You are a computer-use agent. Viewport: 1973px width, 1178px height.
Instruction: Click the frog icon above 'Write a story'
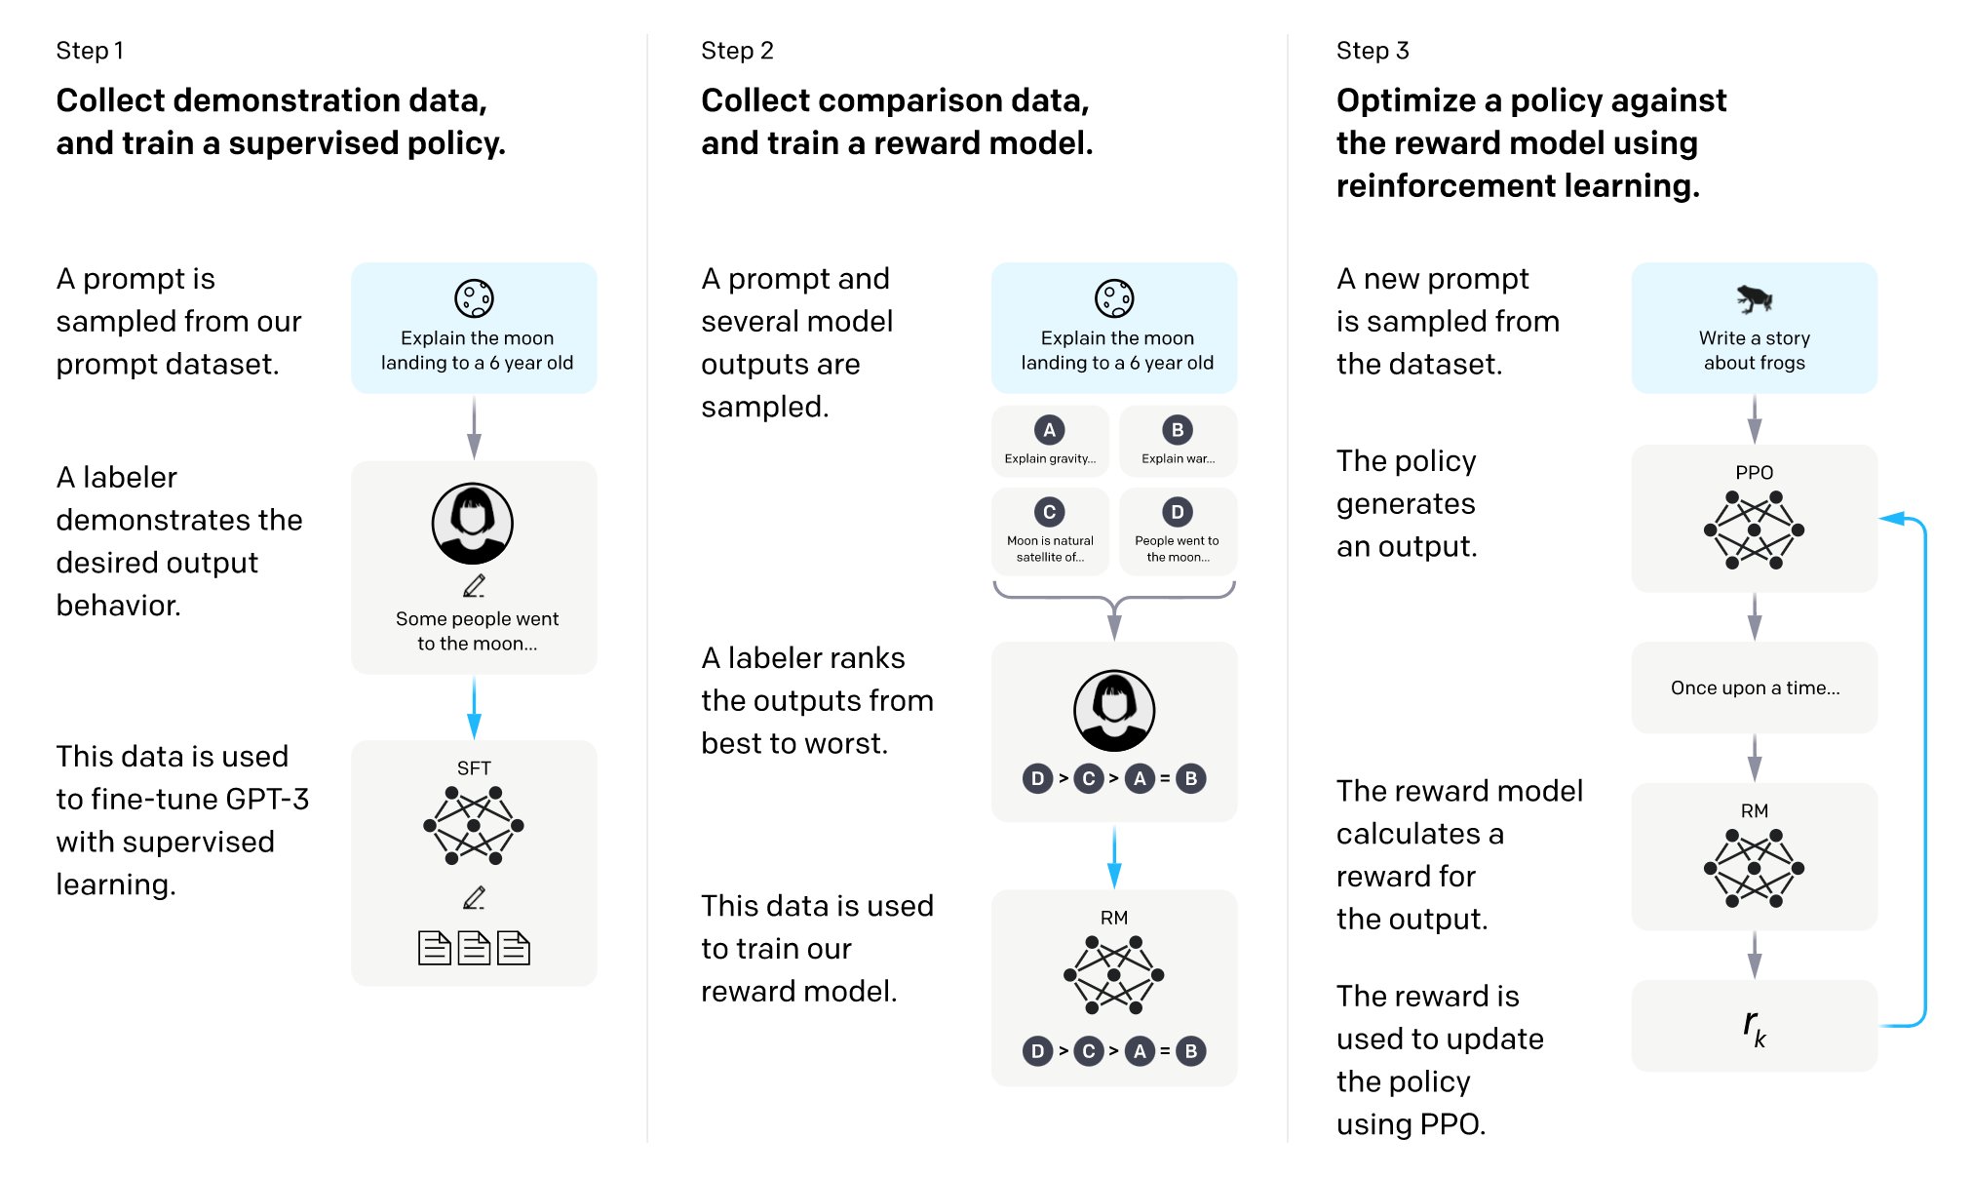coord(1754,298)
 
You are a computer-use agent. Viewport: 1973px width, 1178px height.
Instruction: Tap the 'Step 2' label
coord(737,51)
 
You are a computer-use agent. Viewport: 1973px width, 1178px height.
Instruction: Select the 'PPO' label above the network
coord(1754,472)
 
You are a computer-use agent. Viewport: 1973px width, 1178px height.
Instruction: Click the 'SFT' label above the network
coord(474,768)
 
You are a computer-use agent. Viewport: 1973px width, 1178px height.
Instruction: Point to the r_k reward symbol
coord(1755,1028)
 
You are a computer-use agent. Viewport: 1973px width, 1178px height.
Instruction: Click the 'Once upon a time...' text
coord(1755,687)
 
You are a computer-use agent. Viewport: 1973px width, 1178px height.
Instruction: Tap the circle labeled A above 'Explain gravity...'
coord(1049,429)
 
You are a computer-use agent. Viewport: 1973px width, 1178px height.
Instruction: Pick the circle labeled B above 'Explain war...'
coord(1178,429)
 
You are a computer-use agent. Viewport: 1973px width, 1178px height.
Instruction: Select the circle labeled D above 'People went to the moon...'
coord(1178,511)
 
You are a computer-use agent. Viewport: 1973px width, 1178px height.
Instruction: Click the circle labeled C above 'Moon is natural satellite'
coord(1049,511)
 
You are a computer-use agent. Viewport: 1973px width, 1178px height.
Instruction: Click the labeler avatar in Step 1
coord(473,524)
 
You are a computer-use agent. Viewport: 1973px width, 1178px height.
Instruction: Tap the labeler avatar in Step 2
coord(1114,711)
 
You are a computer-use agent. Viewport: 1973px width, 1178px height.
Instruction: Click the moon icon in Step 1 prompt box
coord(474,298)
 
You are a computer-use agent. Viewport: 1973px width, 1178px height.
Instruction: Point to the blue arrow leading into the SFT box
coord(474,708)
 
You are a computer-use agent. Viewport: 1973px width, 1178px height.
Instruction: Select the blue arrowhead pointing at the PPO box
coord(1892,519)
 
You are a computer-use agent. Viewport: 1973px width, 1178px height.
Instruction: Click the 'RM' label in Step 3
coord(1754,810)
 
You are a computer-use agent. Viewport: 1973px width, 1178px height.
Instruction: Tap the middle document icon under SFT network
coord(474,948)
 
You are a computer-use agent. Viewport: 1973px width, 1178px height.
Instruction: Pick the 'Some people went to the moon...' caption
coord(477,631)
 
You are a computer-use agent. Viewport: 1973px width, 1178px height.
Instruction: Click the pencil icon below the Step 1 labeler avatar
coord(474,586)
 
